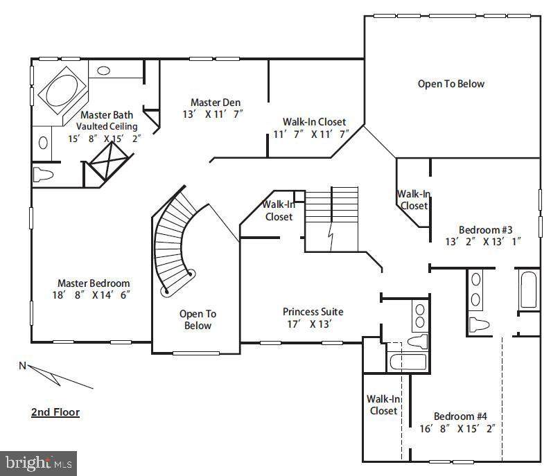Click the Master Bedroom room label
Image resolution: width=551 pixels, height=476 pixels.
pos(94,283)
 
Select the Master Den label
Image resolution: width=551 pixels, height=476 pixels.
pos(216,103)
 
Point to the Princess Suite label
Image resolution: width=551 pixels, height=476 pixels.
pos(313,312)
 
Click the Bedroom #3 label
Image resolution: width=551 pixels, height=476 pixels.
pos(485,230)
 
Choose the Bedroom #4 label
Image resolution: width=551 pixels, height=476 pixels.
pos(460,416)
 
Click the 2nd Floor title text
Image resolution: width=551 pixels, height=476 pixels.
pos(55,412)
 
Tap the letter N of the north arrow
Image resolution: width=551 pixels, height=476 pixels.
pos(22,366)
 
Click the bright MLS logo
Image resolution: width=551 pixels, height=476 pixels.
pos(38,463)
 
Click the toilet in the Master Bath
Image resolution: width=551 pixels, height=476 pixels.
pos(43,174)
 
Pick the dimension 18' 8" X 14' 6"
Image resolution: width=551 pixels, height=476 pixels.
pos(91,295)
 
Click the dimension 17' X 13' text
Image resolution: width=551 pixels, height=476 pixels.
pos(309,324)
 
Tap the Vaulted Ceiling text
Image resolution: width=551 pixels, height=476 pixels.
pos(107,127)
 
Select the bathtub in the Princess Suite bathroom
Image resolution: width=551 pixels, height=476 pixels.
pos(408,362)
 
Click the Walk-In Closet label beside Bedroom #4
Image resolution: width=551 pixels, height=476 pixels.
pos(383,405)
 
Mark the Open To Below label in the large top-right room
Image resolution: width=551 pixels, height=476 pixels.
pos(451,84)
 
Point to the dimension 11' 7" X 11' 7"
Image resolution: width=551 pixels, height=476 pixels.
pos(311,134)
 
